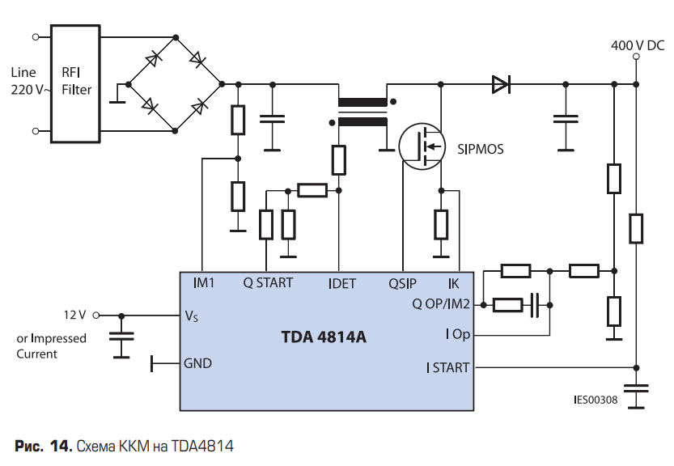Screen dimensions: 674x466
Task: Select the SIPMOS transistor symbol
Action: pos(422,146)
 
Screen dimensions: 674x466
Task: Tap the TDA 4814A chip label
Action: pos(324,337)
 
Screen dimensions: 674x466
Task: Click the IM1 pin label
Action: pos(204,283)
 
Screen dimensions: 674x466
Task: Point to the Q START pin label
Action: pos(268,283)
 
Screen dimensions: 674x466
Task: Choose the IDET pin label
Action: pos(342,284)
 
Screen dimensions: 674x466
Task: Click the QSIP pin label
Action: pos(402,284)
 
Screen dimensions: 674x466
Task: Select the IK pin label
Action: pos(453,284)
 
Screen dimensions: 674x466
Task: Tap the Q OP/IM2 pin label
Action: pos(441,304)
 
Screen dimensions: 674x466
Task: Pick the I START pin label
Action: pos(448,368)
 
